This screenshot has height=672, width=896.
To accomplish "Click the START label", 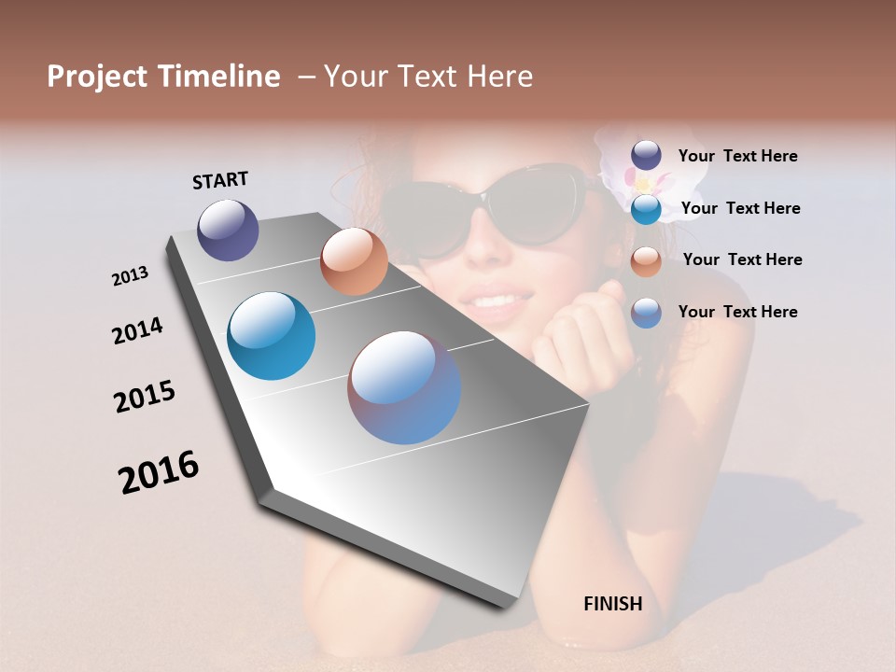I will point(220,180).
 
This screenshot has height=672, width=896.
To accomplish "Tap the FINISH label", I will point(612,604).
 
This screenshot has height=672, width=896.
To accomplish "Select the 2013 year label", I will point(130,276).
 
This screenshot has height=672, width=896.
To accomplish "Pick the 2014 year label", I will point(137,330).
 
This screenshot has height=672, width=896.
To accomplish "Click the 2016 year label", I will point(159,472).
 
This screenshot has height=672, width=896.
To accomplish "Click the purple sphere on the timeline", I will point(228,230).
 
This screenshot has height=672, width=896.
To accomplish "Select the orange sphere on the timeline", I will point(354,261).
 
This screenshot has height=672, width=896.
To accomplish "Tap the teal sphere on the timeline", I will point(271,336).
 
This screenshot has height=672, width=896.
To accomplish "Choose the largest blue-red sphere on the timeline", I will point(404,387).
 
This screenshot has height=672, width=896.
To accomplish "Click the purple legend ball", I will point(646,155).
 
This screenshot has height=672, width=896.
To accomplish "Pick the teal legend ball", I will point(646,208).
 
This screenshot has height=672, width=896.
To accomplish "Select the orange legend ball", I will point(646,260).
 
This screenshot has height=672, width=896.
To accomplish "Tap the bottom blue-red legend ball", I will point(646,313).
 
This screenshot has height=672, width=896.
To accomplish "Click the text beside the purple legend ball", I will point(737,156).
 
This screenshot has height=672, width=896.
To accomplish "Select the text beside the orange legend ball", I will point(742,259).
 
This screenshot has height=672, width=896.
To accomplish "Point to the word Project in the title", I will point(98,77).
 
